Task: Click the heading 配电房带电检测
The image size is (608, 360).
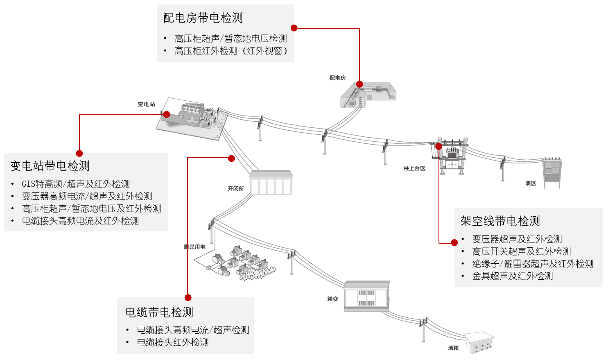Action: pos(203,18)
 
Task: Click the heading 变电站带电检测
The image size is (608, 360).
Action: pos(50,166)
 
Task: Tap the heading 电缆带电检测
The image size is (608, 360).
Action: pos(159,312)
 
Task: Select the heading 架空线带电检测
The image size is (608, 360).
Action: pos(500,221)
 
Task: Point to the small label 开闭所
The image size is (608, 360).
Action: pos(235,188)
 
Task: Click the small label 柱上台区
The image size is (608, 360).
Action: pos(414,168)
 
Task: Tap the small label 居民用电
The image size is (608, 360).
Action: pos(194,247)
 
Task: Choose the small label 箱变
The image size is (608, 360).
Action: pos(333,299)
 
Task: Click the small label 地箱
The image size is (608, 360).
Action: pos(453,348)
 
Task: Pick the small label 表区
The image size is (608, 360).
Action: pos(531,183)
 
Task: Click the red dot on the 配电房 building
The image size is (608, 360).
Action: pos(359,84)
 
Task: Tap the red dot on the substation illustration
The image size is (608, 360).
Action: pos(167,114)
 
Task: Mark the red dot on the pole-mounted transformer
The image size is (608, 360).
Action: pos(438,147)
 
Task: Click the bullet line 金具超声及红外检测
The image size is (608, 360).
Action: pos(513,276)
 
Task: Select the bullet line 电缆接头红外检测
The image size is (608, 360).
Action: pos(173,342)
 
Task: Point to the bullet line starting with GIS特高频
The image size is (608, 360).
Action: pos(76,184)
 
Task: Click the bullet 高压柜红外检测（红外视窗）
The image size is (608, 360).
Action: pos(231,51)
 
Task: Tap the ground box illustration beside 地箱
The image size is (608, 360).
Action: pos(479,343)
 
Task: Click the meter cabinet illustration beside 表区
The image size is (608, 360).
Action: pos(552,173)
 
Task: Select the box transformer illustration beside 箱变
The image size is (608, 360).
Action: pos(366,296)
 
